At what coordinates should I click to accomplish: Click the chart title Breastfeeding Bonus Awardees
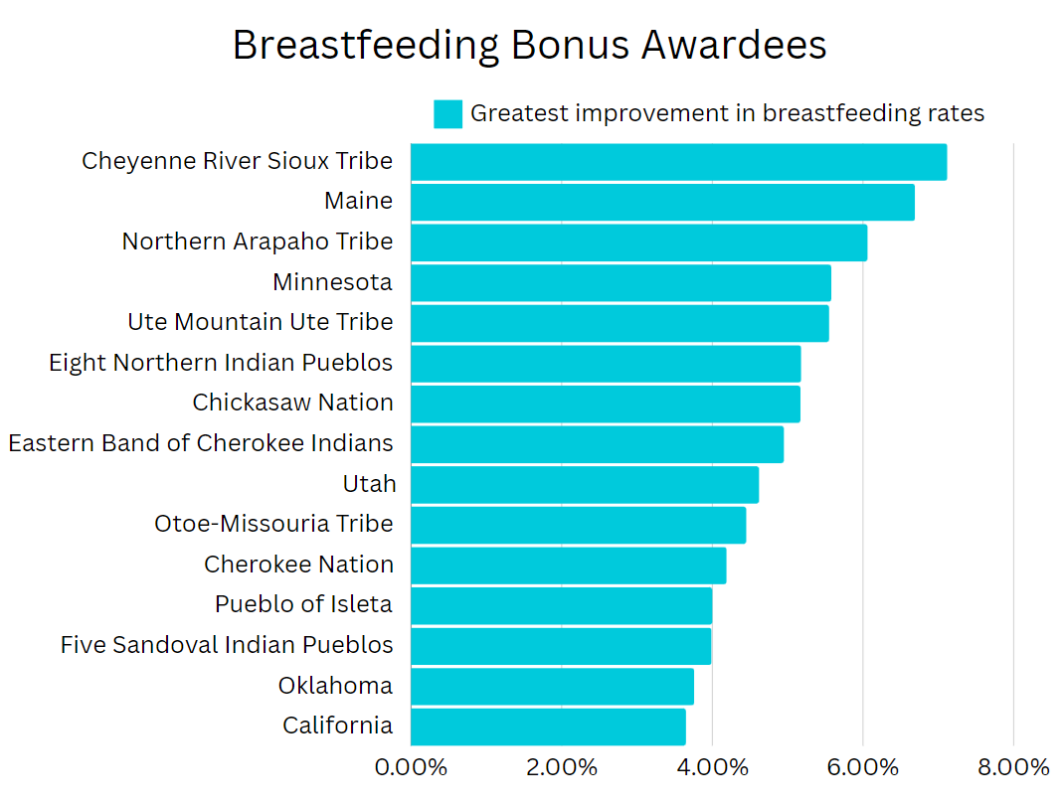[x=529, y=46]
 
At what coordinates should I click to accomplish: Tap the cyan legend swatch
[x=447, y=114]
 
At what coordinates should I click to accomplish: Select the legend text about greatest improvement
[x=727, y=114]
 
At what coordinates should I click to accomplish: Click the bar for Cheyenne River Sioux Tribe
[x=678, y=162]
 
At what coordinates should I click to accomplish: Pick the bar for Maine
[x=662, y=203]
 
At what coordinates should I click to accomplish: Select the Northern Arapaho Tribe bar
[x=638, y=243]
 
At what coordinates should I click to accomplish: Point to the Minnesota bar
[x=620, y=283]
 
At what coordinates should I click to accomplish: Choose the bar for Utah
[x=585, y=485]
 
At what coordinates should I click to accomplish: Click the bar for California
[x=548, y=727]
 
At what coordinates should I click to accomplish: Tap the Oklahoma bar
[x=552, y=687]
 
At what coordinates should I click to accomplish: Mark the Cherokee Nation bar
[x=568, y=566]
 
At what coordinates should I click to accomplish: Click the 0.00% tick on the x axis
[x=411, y=768]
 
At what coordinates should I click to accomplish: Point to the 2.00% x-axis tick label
[x=561, y=768]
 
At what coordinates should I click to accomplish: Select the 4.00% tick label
[x=712, y=768]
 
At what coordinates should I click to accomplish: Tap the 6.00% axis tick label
[x=862, y=768]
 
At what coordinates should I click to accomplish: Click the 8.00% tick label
[x=1013, y=768]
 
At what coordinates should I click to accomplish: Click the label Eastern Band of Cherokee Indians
[x=201, y=443]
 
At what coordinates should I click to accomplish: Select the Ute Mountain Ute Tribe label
[x=261, y=323]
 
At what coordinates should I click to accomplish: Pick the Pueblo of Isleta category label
[x=303, y=604]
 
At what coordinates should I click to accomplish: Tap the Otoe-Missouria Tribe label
[x=273, y=524]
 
